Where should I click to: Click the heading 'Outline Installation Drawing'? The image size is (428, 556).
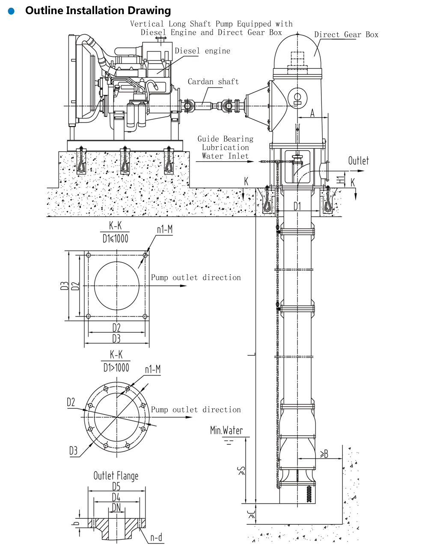[98, 11]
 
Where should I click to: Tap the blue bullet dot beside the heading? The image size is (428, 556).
[11, 11]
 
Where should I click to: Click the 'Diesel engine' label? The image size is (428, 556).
[202, 51]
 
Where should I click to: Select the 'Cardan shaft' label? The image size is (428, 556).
[213, 82]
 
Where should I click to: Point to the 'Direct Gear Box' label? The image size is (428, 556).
[346, 35]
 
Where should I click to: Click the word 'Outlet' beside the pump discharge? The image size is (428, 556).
[358, 161]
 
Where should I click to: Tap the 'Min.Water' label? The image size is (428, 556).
[226, 430]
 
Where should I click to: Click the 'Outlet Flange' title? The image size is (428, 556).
[116, 476]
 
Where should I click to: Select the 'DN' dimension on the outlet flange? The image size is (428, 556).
[116, 508]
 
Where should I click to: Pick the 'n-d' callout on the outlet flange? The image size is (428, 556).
[156, 538]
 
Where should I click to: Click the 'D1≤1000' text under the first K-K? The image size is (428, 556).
[115, 239]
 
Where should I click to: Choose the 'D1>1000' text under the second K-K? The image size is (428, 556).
[116, 367]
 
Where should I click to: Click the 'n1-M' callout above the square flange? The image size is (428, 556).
[164, 230]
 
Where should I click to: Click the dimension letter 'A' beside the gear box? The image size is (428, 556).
[312, 113]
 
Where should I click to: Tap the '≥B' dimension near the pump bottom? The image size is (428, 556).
[324, 454]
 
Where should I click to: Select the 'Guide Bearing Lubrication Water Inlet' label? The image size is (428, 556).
[225, 148]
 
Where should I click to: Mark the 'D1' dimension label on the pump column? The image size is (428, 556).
[297, 206]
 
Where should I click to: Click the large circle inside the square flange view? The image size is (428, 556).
[116, 286]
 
